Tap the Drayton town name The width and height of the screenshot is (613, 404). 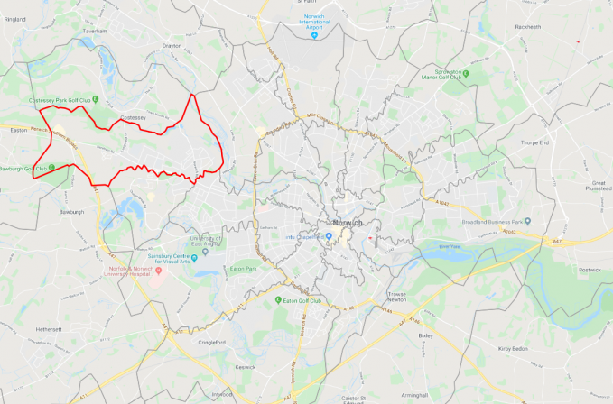pos(172,44)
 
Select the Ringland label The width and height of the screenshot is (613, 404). pos(15,18)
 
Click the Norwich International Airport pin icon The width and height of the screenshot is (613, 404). pos(314,35)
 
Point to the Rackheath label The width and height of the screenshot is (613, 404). pos(527,27)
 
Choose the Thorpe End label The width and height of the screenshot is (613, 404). pos(535,142)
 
